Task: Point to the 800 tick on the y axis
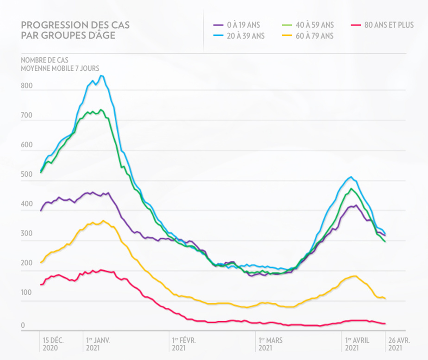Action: [x=27, y=86]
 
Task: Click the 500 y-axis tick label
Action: [x=27, y=175]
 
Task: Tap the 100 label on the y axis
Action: [x=27, y=293]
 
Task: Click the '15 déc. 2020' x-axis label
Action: [x=53, y=344]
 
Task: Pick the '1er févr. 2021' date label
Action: [x=184, y=344]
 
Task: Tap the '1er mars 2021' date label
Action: [x=271, y=344]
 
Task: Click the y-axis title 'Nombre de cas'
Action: [x=60, y=61]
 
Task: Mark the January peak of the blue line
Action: [x=102, y=76]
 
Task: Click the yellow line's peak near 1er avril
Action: [x=354, y=276]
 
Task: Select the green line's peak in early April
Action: [x=352, y=189]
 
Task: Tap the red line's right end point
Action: [x=385, y=323]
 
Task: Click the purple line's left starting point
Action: [x=41, y=211]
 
